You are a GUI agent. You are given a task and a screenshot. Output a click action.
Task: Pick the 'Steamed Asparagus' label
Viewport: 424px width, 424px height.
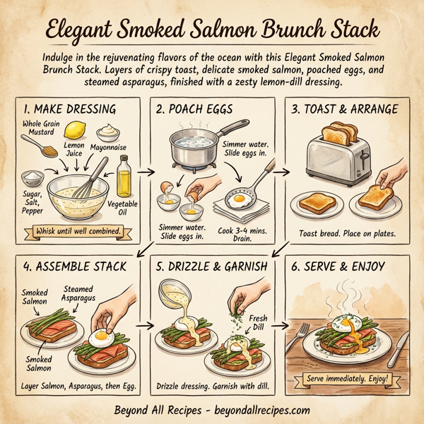click(x=83, y=293)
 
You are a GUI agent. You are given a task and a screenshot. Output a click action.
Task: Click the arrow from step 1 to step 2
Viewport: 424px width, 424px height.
click(x=146, y=171)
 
